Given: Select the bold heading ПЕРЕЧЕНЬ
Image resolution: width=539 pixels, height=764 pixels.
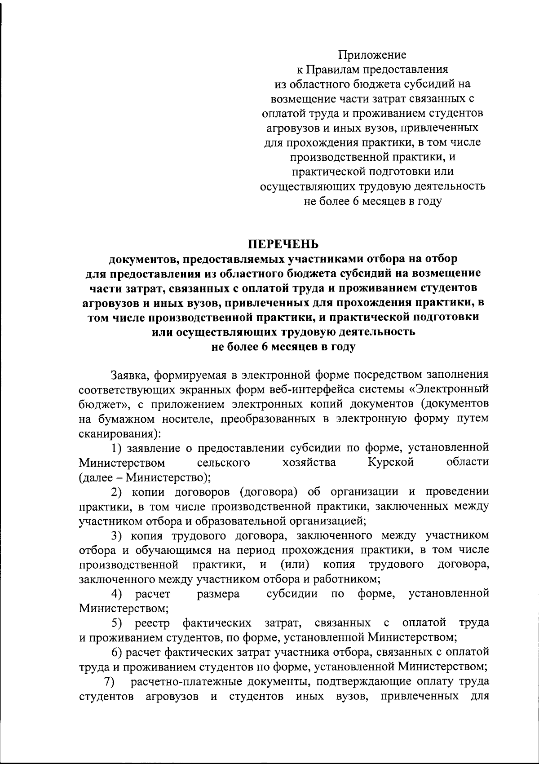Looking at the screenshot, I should coord(283,244).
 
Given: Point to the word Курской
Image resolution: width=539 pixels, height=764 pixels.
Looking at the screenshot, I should coord(390,462).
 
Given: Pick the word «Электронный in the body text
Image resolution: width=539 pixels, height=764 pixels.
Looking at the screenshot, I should coord(450,390).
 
